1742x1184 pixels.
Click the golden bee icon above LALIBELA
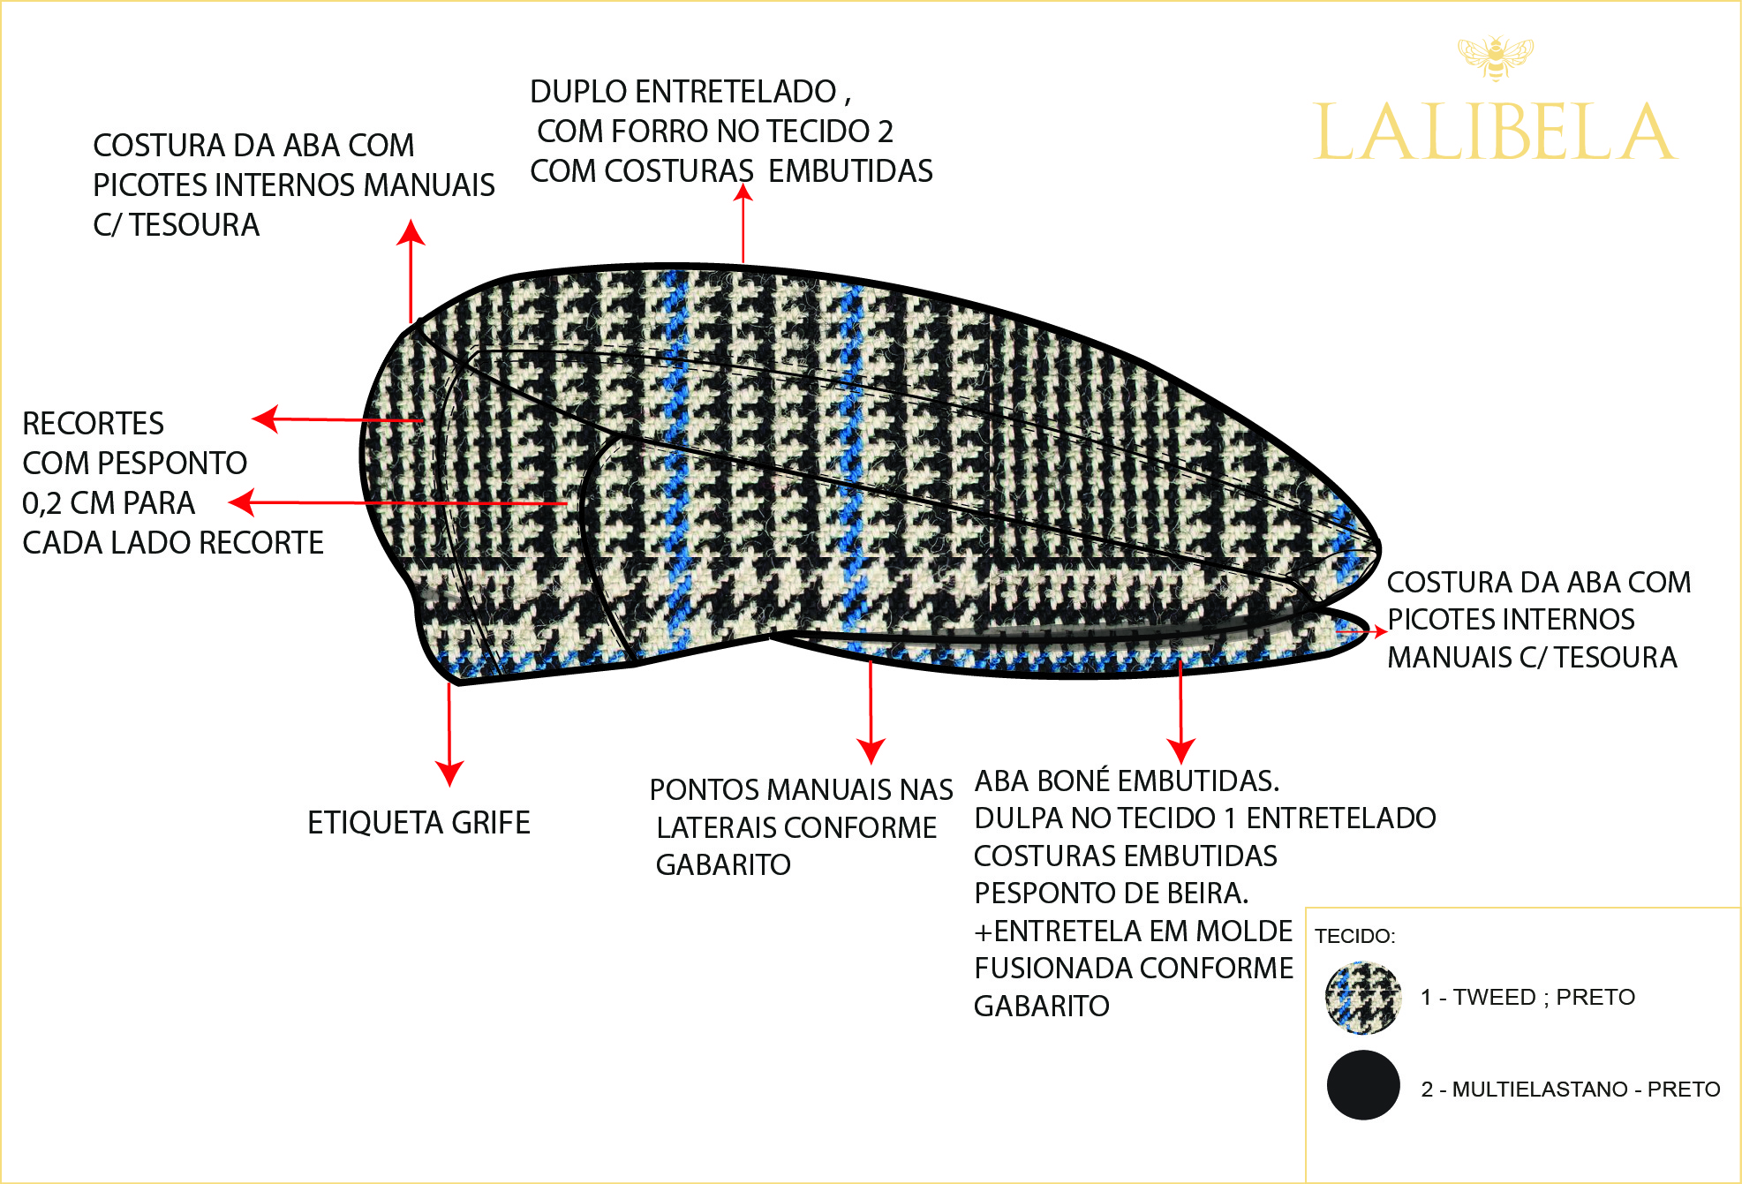pos(1495,57)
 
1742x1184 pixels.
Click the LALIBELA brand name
pos(1494,132)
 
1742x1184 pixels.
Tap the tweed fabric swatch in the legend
pos(1362,998)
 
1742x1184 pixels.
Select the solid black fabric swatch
pos(1362,1085)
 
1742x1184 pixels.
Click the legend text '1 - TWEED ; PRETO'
pos(1527,998)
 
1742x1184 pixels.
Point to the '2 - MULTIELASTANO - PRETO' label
pos(1570,1090)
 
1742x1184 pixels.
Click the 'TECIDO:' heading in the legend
pos(1354,936)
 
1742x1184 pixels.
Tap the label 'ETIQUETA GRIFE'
pos(419,823)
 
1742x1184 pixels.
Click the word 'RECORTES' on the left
pos(93,424)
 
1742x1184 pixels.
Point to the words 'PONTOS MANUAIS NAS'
pos(801,789)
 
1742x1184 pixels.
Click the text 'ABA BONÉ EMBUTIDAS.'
pos(1127,781)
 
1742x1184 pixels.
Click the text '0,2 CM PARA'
pos(109,503)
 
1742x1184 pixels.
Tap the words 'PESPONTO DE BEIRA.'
pos(1111,894)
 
